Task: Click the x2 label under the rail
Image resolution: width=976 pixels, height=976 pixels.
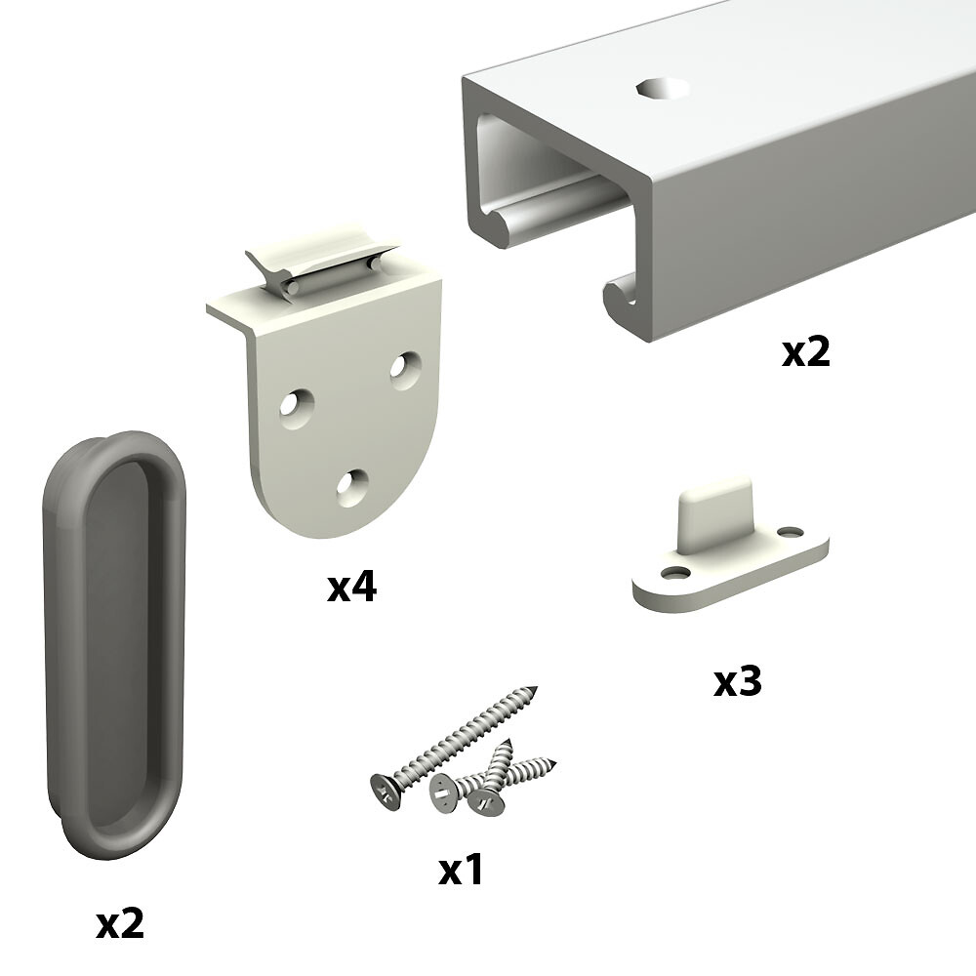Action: click(805, 353)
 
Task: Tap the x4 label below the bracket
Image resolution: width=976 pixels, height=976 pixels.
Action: click(351, 588)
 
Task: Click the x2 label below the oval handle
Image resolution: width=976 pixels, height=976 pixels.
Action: click(120, 923)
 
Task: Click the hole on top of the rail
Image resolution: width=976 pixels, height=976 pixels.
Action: click(663, 89)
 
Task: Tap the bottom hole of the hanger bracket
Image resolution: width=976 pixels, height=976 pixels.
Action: click(351, 487)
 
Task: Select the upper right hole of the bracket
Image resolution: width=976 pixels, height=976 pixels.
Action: click(405, 370)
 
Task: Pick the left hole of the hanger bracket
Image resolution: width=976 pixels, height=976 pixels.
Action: click(297, 409)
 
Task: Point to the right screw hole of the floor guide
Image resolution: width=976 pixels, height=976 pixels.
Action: click(791, 533)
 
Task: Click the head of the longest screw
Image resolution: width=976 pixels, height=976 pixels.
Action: click(386, 793)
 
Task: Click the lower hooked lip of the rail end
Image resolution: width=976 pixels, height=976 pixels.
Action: click(621, 296)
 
